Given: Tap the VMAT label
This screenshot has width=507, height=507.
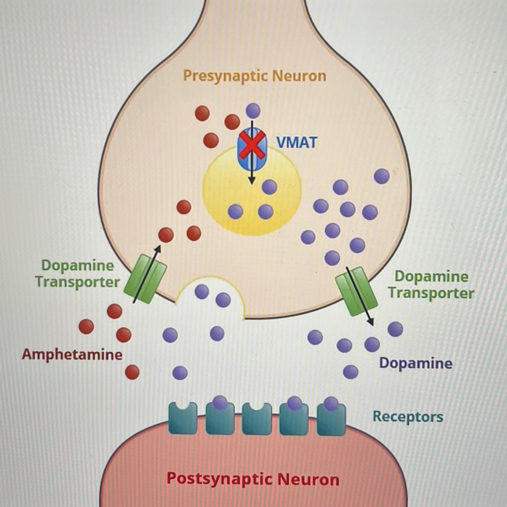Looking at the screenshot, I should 296,143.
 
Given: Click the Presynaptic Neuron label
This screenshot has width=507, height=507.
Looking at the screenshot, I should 255,76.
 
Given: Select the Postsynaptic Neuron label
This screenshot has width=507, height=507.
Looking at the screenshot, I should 253,479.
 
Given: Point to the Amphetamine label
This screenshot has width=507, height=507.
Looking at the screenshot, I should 72,355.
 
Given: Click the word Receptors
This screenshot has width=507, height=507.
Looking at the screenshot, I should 408,417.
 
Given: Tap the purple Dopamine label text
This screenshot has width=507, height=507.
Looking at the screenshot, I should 416,363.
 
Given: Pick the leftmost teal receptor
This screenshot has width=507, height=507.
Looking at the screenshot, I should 183,418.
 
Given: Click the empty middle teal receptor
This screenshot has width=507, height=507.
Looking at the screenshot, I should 257,418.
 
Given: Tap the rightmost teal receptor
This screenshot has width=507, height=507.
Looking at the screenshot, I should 331,418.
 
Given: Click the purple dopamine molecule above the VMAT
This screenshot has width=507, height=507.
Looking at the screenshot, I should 253,111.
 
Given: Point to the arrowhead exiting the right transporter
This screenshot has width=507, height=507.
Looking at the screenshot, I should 371,322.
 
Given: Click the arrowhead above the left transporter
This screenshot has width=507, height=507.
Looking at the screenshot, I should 158,248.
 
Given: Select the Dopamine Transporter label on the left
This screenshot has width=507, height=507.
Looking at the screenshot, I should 77,274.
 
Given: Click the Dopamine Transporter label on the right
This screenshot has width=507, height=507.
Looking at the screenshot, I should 431,285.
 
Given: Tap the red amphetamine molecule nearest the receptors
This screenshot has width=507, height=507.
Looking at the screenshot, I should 132,372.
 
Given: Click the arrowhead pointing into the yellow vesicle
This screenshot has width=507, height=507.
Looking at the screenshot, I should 251,181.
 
